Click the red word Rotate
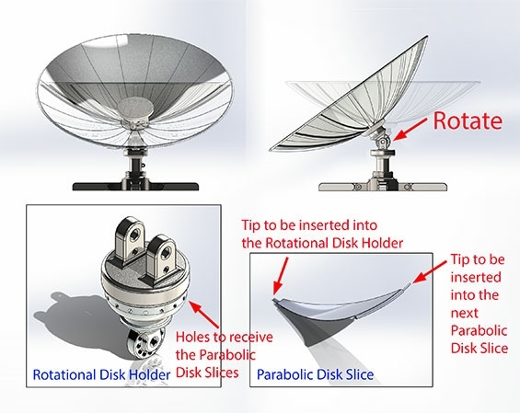pos(468,120)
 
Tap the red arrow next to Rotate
pos(410,130)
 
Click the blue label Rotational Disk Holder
pos(101,375)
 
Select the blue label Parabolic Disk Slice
pos(315,375)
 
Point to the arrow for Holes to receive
pos(204,315)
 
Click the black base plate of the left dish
pos(135,187)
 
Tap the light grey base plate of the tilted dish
pos(383,187)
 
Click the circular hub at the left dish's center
pos(135,109)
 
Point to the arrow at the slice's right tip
pos(430,271)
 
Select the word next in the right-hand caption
pos(464,314)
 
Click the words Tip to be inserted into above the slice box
pos(309,225)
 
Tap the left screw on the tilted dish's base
pos(358,187)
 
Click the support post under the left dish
pos(136,167)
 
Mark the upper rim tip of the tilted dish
pos(426,37)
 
